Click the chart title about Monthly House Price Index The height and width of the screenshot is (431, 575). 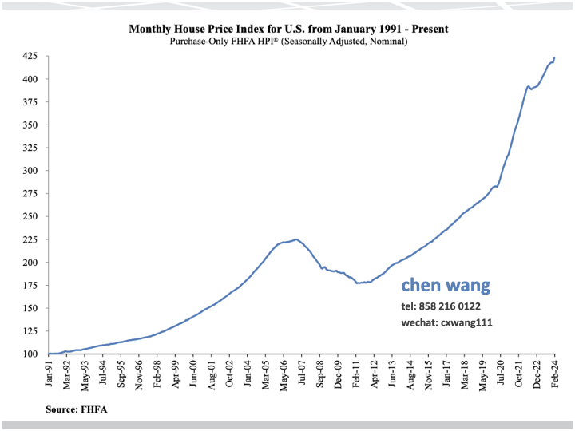tap(288, 29)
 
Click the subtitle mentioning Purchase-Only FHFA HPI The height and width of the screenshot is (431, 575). tap(288, 41)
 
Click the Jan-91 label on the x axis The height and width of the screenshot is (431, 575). tap(49, 373)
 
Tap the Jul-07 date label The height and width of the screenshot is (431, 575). tap(302, 373)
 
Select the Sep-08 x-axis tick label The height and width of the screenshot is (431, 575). tap(320, 373)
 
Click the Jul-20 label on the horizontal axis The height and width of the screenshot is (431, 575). tap(502, 373)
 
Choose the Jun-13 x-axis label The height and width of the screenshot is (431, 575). tap(393, 373)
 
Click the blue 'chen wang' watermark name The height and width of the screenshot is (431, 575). tap(446, 285)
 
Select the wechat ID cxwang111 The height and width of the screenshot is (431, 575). tap(447, 323)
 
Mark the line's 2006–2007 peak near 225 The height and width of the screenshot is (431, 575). tap(295, 239)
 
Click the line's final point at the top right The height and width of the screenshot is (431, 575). tap(554, 57)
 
